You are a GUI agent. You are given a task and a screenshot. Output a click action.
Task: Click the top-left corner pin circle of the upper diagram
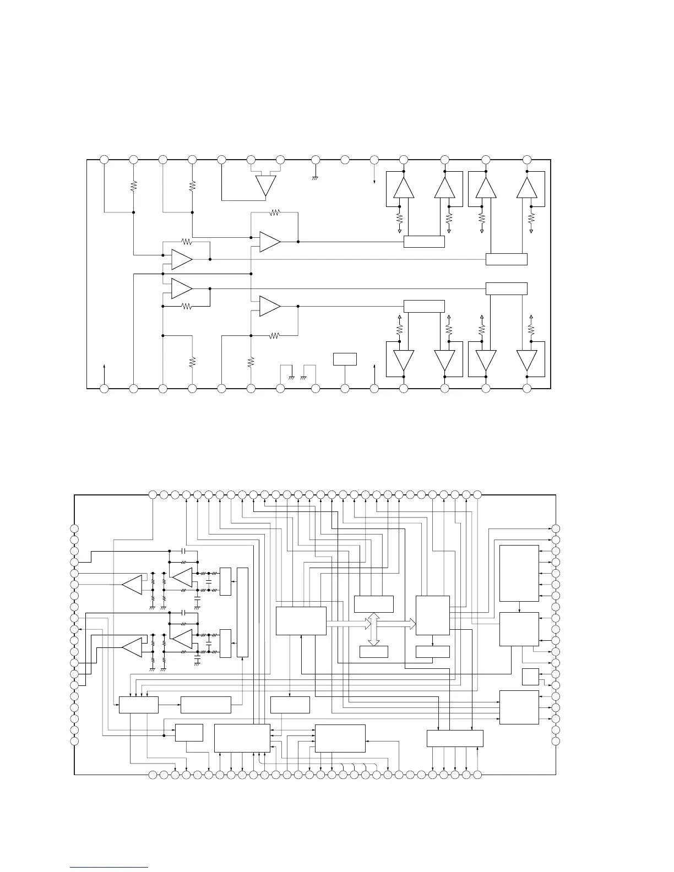[104, 160]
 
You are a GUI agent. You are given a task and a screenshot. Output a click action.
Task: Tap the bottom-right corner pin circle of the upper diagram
[527, 389]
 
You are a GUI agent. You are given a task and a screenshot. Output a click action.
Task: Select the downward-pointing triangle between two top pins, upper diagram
[265, 186]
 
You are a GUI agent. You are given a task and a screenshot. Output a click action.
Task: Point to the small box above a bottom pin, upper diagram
[345, 359]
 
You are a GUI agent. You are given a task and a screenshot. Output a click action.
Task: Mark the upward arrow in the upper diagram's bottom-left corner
[104, 367]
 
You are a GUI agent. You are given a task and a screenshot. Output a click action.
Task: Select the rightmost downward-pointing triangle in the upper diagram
[527, 361]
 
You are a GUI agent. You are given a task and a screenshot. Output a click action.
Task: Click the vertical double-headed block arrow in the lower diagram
[374, 629]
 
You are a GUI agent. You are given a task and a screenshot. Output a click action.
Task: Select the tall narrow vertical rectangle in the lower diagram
[242, 612]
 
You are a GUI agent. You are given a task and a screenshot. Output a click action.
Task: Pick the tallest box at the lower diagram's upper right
[519, 573]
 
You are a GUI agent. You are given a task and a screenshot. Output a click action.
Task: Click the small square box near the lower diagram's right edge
[530, 677]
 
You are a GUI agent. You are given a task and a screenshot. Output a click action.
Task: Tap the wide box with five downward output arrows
[455, 738]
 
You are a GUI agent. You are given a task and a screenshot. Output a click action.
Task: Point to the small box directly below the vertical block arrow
[374, 652]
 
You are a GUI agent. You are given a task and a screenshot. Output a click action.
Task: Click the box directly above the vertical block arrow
[374, 604]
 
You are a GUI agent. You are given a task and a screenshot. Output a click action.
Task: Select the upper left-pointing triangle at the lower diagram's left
[132, 585]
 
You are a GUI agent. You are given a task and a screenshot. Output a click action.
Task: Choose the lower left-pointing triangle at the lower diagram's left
[132, 647]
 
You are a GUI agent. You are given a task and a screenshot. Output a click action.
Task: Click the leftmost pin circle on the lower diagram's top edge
[153, 495]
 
